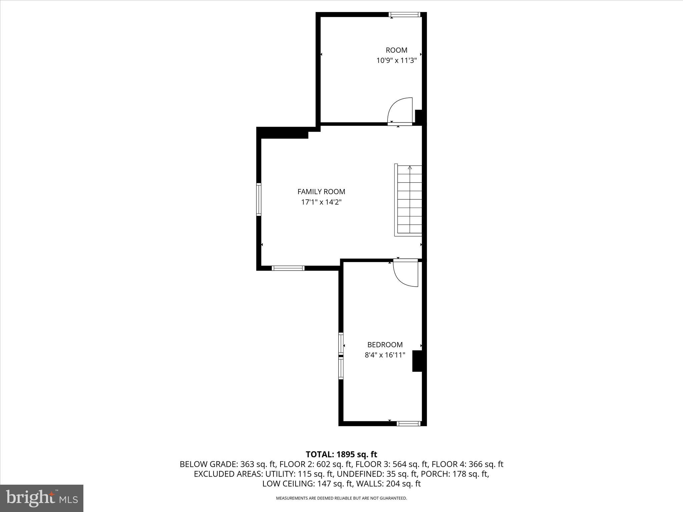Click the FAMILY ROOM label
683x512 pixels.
click(321, 192)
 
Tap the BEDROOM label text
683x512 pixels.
click(385, 345)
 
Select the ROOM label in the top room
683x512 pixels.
click(397, 50)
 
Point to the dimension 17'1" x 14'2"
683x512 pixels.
click(321, 202)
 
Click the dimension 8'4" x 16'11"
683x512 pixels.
click(385, 355)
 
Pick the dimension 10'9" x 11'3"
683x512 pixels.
click(397, 61)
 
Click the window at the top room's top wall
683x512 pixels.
click(405, 14)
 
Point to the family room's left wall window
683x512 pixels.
click(259, 199)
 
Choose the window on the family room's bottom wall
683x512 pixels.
click(288, 268)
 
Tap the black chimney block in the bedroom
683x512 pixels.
click(417, 361)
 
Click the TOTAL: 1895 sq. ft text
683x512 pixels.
click(341, 454)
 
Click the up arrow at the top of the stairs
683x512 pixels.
click(410, 167)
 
